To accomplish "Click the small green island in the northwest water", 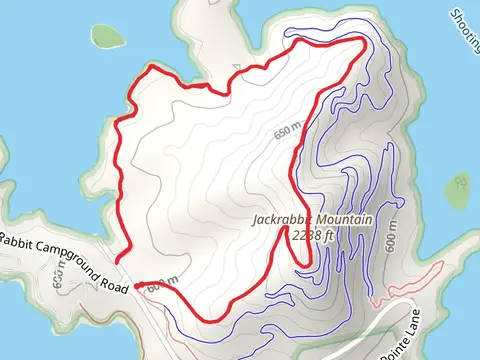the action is click(x=105, y=36).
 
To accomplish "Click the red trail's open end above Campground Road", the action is click(x=118, y=261).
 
